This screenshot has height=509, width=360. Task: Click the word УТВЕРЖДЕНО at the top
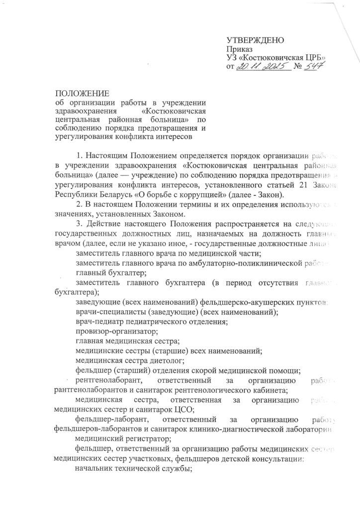pyautogui.click(x=255, y=40)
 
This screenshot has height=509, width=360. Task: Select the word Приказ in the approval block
pyautogui.click(x=239, y=49)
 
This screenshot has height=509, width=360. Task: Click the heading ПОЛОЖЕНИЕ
pyautogui.click(x=82, y=93)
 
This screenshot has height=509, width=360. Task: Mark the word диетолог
pyautogui.click(x=167, y=360)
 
